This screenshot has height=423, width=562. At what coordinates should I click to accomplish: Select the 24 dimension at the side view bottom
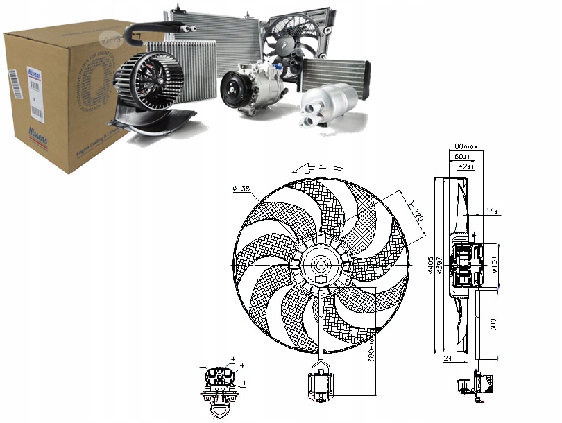click(x=447, y=359)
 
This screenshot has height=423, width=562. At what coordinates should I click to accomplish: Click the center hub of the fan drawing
click(x=321, y=265)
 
